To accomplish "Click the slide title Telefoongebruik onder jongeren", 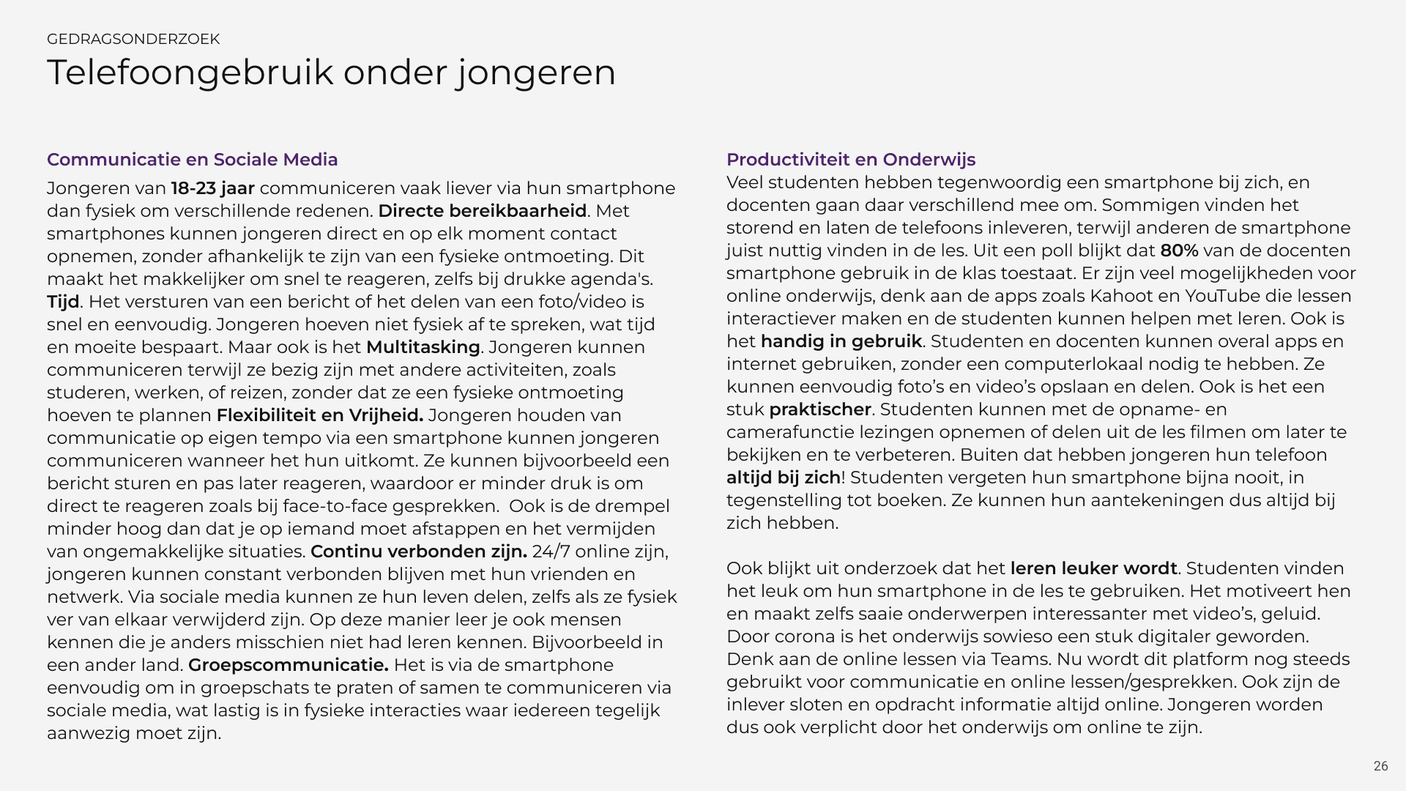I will [331, 73].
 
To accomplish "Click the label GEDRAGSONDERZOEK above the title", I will [133, 39].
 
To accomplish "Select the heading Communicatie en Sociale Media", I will [192, 160].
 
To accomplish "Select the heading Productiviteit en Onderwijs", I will [850, 160].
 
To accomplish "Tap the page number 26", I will [1380, 766].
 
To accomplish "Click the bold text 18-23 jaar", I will [212, 188].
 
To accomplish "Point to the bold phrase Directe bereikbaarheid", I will [482, 211].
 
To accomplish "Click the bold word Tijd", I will [63, 302].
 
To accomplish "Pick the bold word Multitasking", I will [423, 347].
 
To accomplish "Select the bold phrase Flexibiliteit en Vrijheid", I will [319, 415].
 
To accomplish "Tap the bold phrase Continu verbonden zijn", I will [418, 552].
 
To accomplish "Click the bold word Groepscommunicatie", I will [288, 665].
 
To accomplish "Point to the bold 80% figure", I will [1179, 250].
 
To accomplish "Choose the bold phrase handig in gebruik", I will [841, 341].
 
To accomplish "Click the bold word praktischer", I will [819, 409].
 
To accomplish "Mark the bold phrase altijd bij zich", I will [783, 478].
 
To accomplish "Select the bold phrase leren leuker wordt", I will [1093, 568].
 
